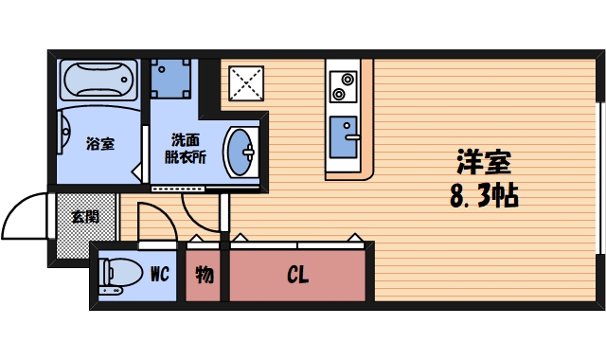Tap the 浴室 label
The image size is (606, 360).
click(100, 144)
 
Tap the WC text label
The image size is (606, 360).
click(159, 275)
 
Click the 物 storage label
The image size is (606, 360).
click(204, 276)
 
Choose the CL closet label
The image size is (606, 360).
click(297, 276)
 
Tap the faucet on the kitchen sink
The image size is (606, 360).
click(352, 138)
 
